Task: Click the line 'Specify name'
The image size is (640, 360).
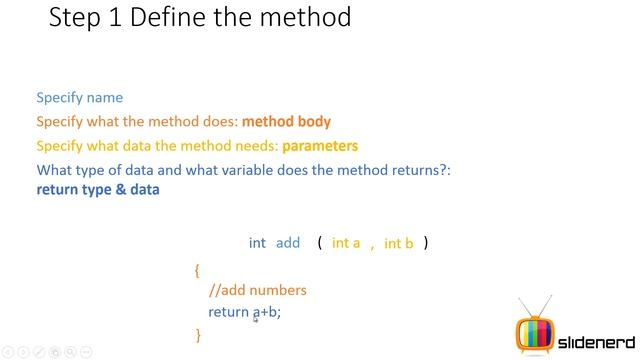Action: (80, 97)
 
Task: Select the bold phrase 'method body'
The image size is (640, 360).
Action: (287, 121)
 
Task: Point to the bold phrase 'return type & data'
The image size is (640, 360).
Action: (98, 189)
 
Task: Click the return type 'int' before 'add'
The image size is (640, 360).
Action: (257, 243)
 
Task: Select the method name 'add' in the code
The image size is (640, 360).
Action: (288, 243)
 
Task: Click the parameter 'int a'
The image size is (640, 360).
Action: (346, 243)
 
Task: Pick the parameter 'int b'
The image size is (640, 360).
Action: (398, 243)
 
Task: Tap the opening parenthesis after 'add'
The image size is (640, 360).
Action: (320, 243)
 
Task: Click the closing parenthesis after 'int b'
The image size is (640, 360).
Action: (426, 243)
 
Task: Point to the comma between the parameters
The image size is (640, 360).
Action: (372, 246)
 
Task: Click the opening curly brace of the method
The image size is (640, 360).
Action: (197, 269)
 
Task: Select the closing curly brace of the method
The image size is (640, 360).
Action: (198, 335)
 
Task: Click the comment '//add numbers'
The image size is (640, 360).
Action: (257, 290)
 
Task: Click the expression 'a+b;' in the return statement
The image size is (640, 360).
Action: (267, 312)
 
